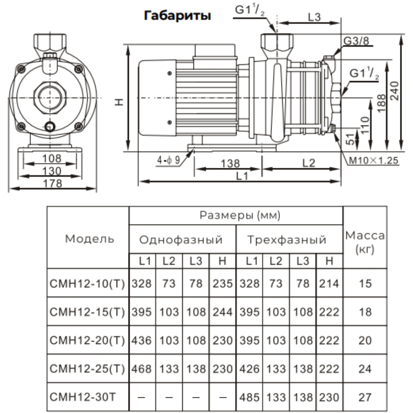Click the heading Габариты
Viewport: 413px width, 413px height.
coord(177,16)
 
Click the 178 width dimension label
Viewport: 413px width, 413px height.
coord(52,184)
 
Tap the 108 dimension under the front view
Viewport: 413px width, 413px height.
coord(52,158)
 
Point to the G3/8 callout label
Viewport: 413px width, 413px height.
coord(356,41)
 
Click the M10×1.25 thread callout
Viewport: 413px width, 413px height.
coord(373,161)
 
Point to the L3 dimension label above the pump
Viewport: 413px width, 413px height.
coord(314,18)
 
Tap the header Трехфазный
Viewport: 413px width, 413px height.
coord(287,240)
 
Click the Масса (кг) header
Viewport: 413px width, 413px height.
coord(365,242)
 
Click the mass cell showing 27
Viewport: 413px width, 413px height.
coord(365,397)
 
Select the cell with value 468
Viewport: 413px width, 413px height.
coord(142,369)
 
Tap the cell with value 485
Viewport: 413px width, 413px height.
coord(249,397)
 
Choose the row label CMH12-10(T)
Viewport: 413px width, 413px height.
coord(88,283)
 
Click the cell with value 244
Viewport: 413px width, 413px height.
coord(223,312)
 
